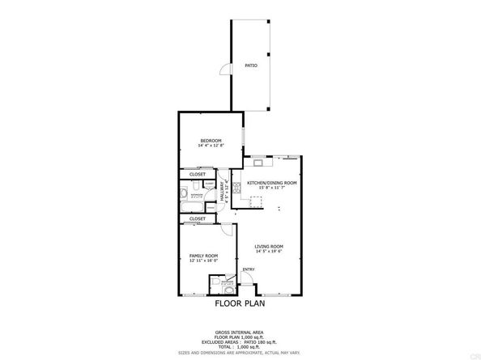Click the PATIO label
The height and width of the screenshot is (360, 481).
252,66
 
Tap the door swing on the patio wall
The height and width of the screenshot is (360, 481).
227,74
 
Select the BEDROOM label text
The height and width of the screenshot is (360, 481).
211,141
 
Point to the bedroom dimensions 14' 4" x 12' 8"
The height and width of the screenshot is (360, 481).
211,146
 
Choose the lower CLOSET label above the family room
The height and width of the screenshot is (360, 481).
198,218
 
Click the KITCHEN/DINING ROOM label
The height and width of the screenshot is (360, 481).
272,183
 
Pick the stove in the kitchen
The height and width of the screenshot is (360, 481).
255,159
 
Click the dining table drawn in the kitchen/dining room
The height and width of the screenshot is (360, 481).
258,202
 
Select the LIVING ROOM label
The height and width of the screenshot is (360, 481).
268,247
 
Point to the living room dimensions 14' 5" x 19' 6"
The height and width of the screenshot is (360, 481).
268,252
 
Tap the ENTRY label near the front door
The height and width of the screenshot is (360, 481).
249,270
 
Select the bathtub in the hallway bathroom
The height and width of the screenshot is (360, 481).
185,195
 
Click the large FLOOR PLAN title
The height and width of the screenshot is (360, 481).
240,306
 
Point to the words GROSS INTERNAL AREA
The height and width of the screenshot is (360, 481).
240,332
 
